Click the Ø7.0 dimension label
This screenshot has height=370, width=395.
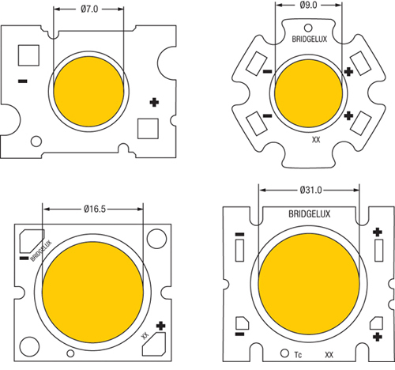[x=88, y=10]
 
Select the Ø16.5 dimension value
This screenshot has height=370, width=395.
[x=95, y=209]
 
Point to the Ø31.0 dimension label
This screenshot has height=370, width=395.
[x=310, y=191]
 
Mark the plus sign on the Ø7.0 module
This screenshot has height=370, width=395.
[x=153, y=102]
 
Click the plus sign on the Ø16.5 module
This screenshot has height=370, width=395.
[x=161, y=324]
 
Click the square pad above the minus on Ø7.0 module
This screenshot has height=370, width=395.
[x=28, y=55]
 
